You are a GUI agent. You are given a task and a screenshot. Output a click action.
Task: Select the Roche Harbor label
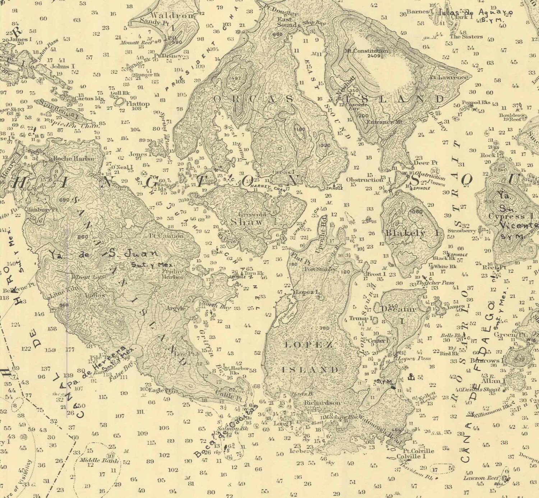pos(74,158)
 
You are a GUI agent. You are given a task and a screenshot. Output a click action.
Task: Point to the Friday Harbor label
pos(173,274)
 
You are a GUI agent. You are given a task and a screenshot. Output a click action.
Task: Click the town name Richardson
pos(322,403)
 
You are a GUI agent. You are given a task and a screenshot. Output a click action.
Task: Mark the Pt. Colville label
pos(418,451)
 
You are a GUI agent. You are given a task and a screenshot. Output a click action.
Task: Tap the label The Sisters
pos(466,36)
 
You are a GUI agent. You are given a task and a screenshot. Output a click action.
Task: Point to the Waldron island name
pos(167,15)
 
